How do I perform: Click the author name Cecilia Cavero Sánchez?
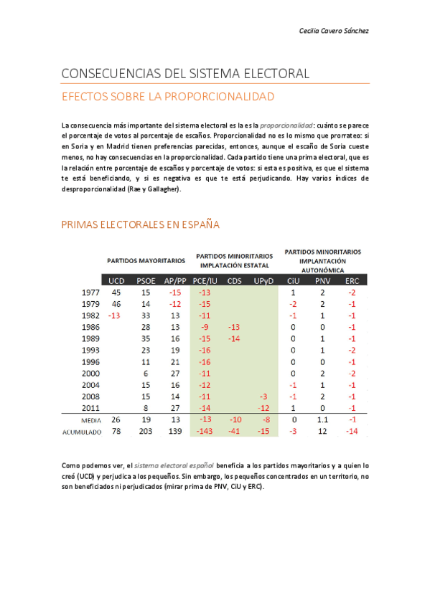(x=334, y=31)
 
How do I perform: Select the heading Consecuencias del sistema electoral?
(x=185, y=73)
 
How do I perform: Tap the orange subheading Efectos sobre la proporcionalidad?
(x=168, y=96)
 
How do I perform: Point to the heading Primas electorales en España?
(x=140, y=225)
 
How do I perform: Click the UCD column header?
(x=116, y=280)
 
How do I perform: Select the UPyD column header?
(x=263, y=280)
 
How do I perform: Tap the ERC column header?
(x=352, y=280)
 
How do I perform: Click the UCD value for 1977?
(x=116, y=293)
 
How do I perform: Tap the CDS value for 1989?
(x=234, y=338)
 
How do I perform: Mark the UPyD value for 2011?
(x=263, y=408)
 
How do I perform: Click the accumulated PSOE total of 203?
(x=145, y=432)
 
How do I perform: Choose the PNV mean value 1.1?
(x=322, y=420)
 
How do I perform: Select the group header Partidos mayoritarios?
(x=146, y=260)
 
